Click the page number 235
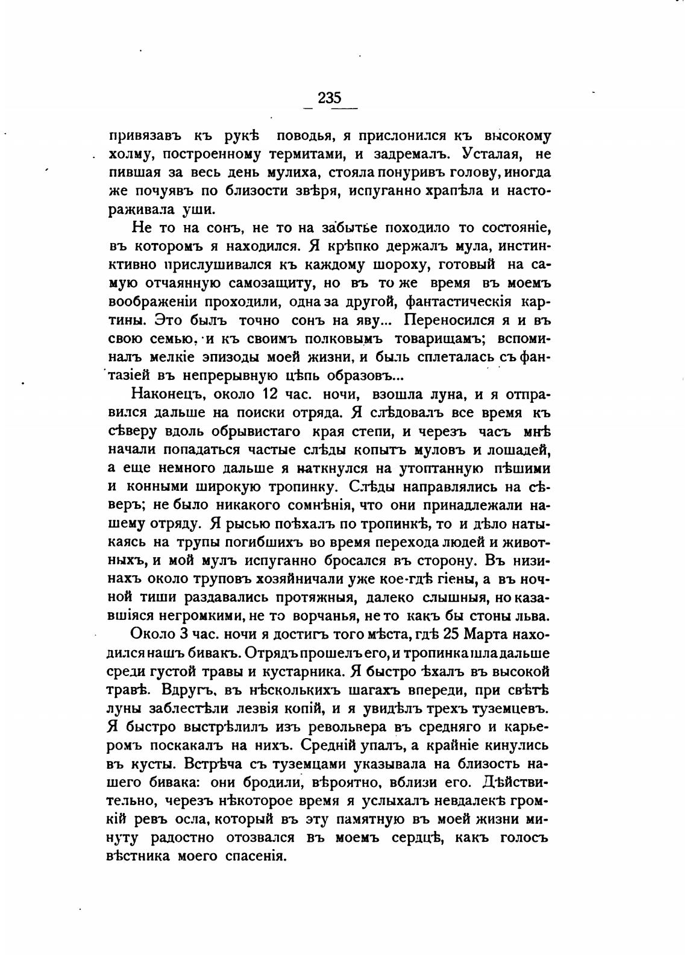click(x=330, y=98)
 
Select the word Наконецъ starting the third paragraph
click(x=162, y=394)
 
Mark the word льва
click(x=535, y=617)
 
